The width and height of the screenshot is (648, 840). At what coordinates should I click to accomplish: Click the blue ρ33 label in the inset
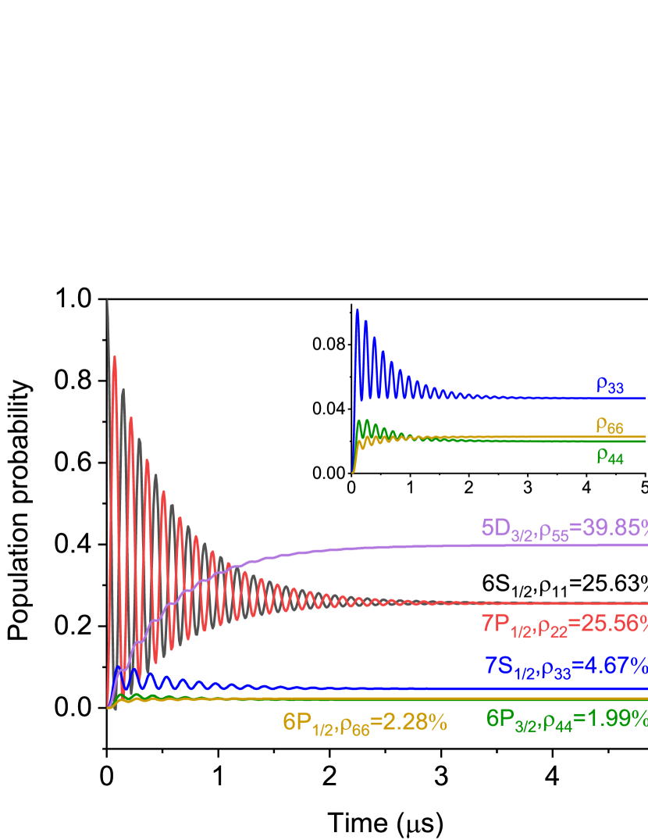[610, 384]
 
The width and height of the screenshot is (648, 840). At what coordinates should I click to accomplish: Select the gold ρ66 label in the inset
[609, 426]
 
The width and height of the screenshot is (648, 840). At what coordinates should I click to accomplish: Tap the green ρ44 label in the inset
[610, 456]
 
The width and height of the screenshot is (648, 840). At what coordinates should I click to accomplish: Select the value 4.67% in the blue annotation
[617, 666]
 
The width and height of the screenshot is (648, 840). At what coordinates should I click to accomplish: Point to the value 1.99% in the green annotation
[617, 718]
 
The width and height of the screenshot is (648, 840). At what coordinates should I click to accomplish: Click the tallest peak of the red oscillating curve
[115, 357]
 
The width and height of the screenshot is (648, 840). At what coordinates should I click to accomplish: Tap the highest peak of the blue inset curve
[358, 309]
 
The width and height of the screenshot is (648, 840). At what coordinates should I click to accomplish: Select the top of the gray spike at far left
[108, 301]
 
